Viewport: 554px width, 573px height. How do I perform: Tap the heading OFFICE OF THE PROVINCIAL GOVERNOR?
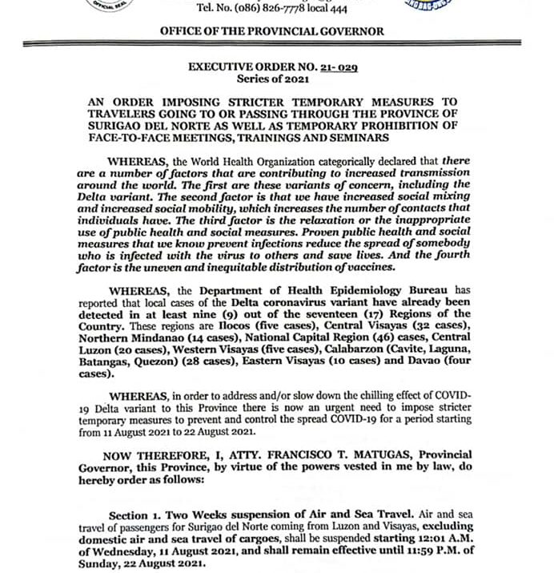click(x=272, y=31)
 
